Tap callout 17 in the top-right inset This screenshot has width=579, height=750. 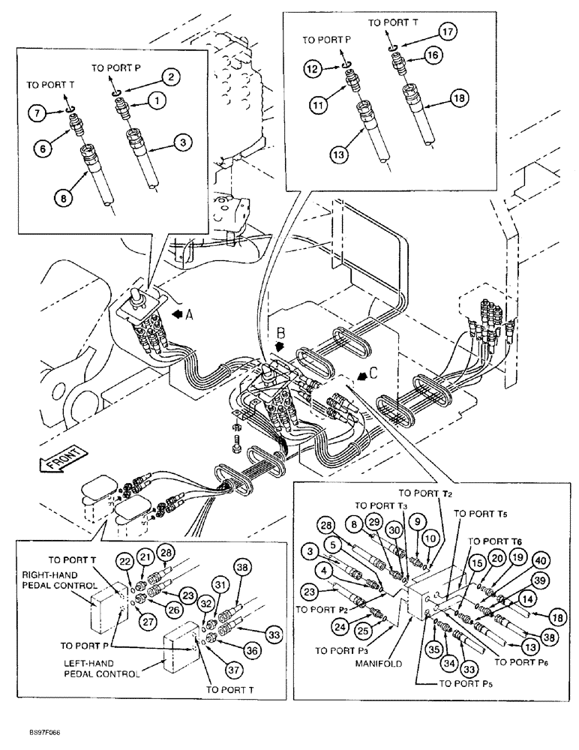point(448,32)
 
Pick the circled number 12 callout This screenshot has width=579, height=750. point(313,69)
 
